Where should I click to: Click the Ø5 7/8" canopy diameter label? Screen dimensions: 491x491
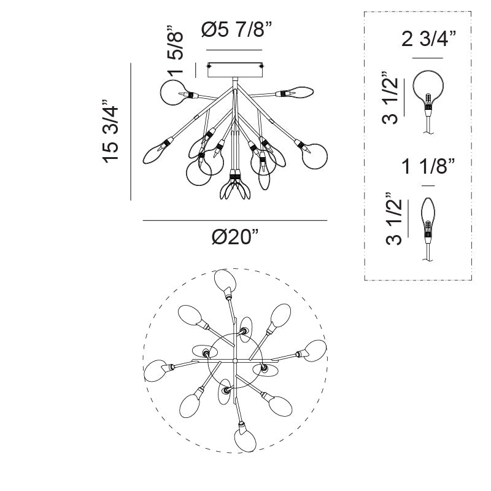237,30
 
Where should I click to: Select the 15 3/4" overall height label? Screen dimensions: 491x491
110,131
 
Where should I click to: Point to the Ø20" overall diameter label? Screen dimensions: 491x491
235,237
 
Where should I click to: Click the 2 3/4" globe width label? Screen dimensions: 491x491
428,39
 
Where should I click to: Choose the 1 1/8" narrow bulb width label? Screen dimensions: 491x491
428,166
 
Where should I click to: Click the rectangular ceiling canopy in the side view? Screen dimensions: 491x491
235,70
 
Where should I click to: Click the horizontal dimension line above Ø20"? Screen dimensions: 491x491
235,220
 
